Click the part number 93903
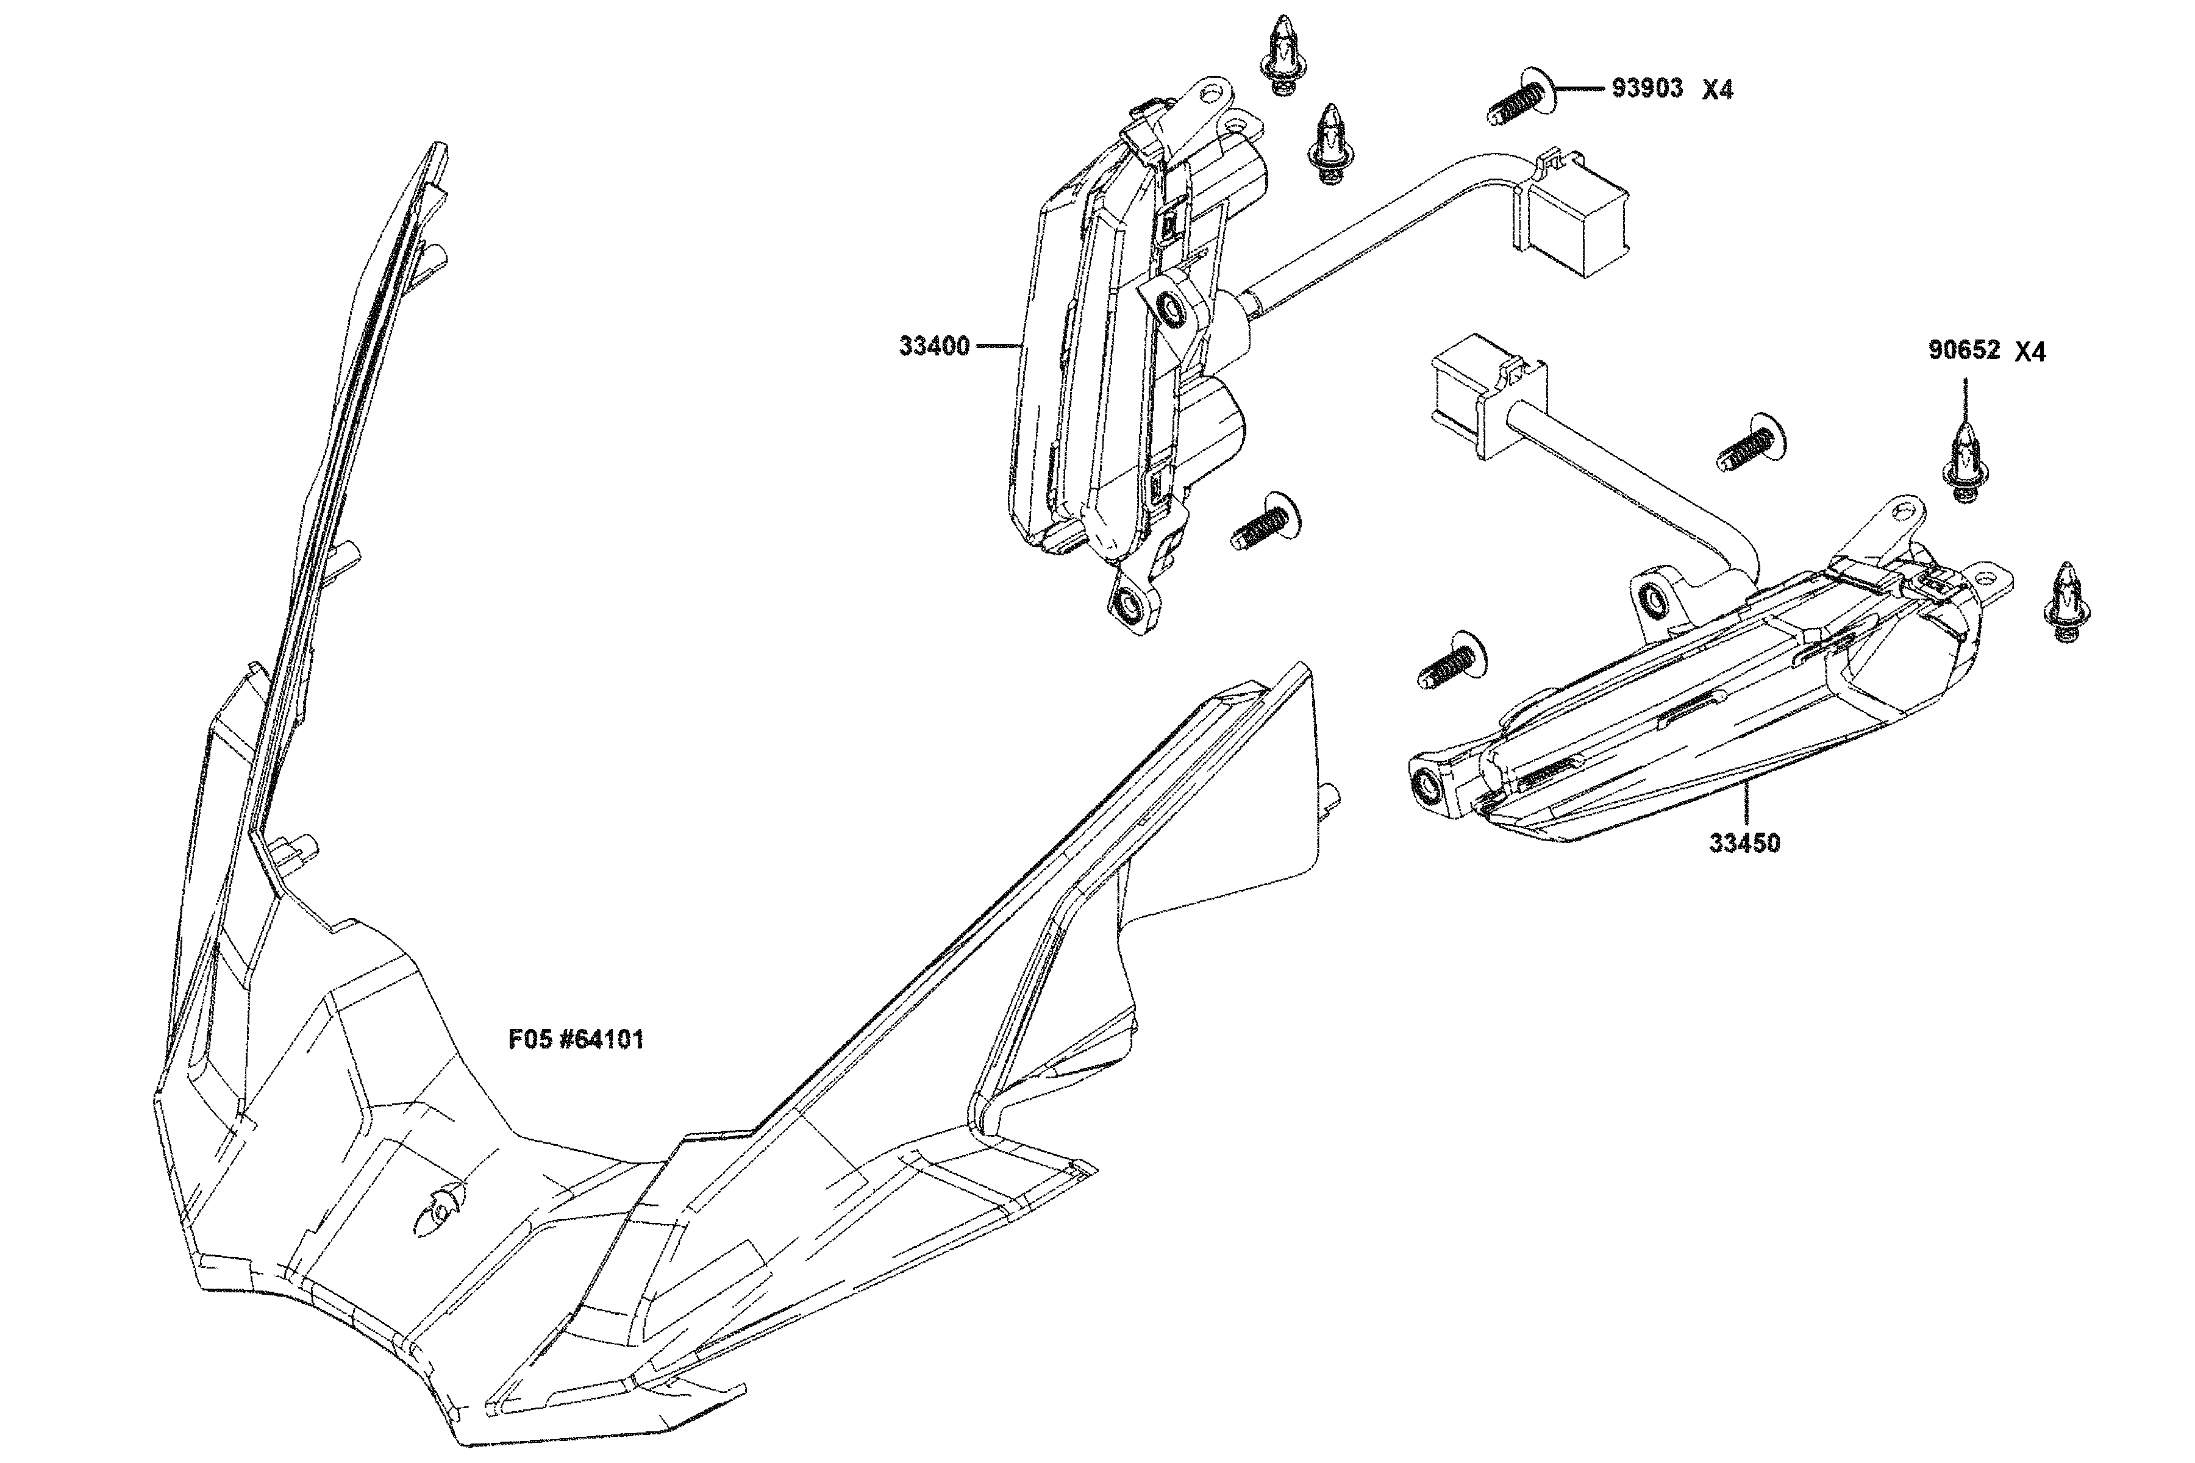pyautogui.click(x=1647, y=88)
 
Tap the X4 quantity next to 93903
pyautogui.click(x=1717, y=90)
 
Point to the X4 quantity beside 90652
pyautogui.click(x=2030, y=353)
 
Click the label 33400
pyautogui.click(x=934, y=346)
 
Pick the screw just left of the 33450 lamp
pyautogui.click(x=1452, y=660)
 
